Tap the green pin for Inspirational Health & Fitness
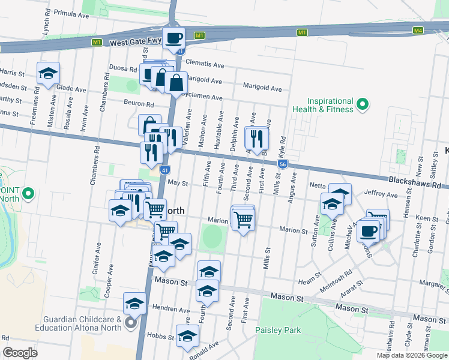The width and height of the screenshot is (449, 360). pyautogui.click(x=362, y=105)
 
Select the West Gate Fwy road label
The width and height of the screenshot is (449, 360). pyautogui.click(x=136, y=43)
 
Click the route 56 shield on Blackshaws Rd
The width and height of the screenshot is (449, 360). pyautogui.click(x=282, y=163)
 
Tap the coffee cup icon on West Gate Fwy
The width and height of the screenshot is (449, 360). pyautogui.click(x=174, y=38)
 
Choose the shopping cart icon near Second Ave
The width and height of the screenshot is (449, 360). pyautogui.click(x=243, y=220)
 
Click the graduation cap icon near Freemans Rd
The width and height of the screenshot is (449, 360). pyautogui.click(x=48, y=74)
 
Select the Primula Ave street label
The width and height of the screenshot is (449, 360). pyautogui.click(x=71, y=12)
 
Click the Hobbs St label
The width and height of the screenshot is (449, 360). pyautogui.click(x=161, y=337)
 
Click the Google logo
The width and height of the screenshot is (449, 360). pyautogui.click(x=20, y=353)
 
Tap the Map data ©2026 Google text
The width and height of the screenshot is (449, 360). pyautogui.click(x=411, y=355)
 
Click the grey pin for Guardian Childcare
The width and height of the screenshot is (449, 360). pyautogui.click(x=131, y=325)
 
